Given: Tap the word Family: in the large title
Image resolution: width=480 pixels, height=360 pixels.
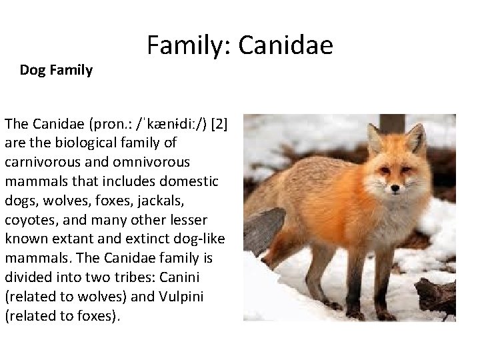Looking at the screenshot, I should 188,46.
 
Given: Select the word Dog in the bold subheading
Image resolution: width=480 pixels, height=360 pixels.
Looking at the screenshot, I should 33,70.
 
